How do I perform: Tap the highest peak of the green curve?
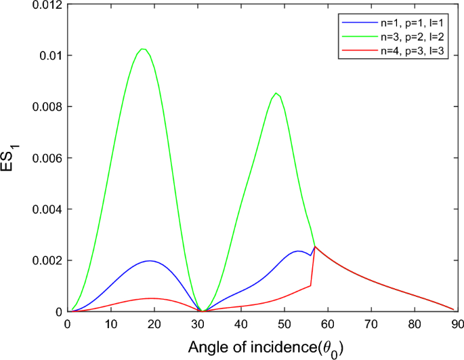[142, 49]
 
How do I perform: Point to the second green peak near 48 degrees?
[276, 94]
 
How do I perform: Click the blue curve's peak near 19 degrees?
[149, 261]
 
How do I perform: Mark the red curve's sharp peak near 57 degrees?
[314, 247]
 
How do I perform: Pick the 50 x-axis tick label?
[284, 324]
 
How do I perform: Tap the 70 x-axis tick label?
[371, 324]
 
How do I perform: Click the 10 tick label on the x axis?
[110, 324]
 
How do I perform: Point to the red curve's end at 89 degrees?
[452, 308]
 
